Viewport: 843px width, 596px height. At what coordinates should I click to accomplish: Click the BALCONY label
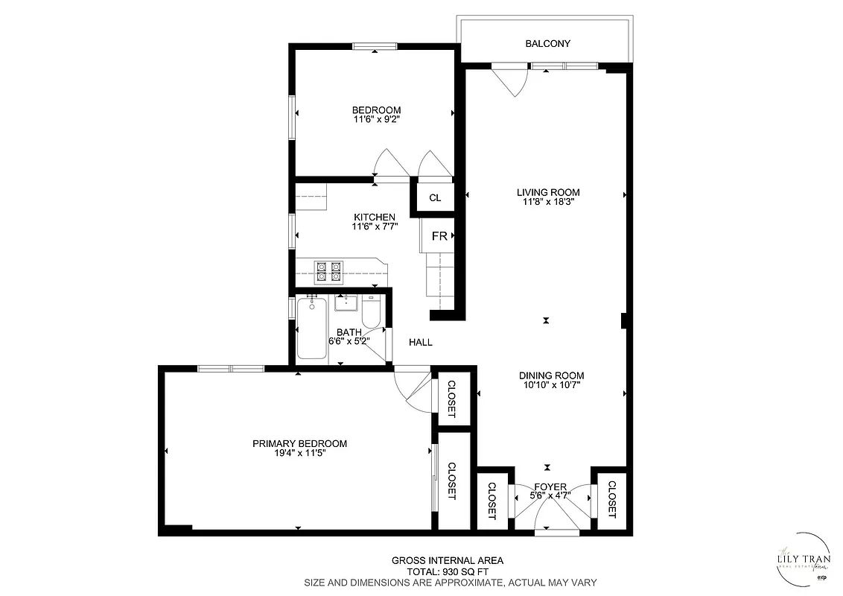[x=547, y=43]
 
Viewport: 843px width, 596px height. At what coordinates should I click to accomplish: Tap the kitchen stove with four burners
[x=328, y=272]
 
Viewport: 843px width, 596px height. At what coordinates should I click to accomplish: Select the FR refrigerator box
[x=439, y=236]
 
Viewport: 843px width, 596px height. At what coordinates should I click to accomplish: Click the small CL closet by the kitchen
[x=435, y=198]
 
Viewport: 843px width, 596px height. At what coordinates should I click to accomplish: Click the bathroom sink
[x=346, y=302]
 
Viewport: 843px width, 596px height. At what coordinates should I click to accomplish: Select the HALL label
[x=421, y=343]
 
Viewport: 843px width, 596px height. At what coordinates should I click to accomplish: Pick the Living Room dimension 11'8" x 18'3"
[x=548, y=201]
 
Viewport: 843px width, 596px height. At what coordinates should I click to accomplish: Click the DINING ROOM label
[x=551, y=375]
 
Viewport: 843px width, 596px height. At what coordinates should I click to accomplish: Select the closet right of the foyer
[x=611, y=499]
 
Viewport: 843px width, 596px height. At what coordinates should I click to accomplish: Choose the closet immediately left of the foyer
[x=492, y=500]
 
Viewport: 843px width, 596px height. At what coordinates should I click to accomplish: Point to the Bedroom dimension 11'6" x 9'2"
[x=376, y=118]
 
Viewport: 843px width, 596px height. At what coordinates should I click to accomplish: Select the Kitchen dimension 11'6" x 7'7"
[x=374, y=226]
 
